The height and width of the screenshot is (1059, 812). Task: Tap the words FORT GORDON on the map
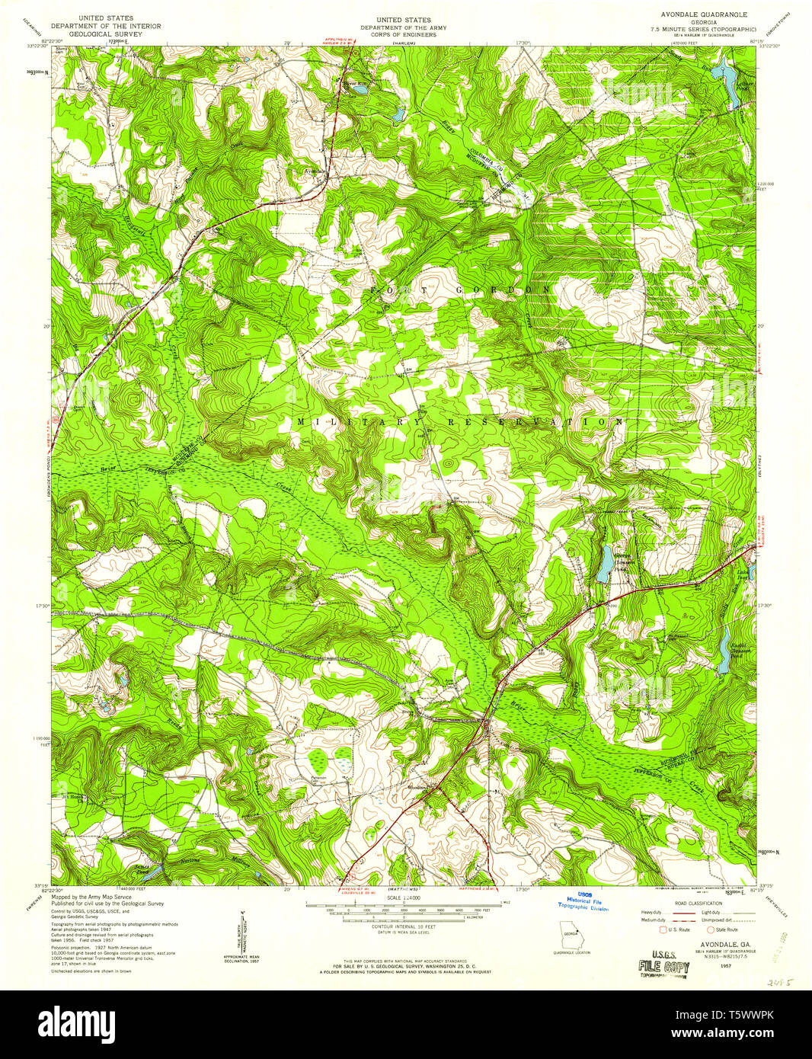(461, 291)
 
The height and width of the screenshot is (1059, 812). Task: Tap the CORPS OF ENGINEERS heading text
(403, 35)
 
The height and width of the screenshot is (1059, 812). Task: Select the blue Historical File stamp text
(583, 901)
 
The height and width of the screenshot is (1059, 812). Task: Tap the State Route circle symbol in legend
(709, 929)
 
